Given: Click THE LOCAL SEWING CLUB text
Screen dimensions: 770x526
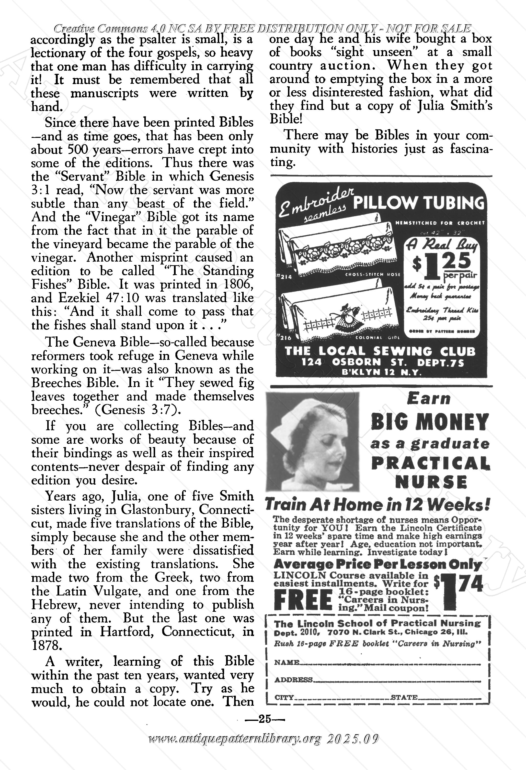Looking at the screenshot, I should [x=380, y=351].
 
